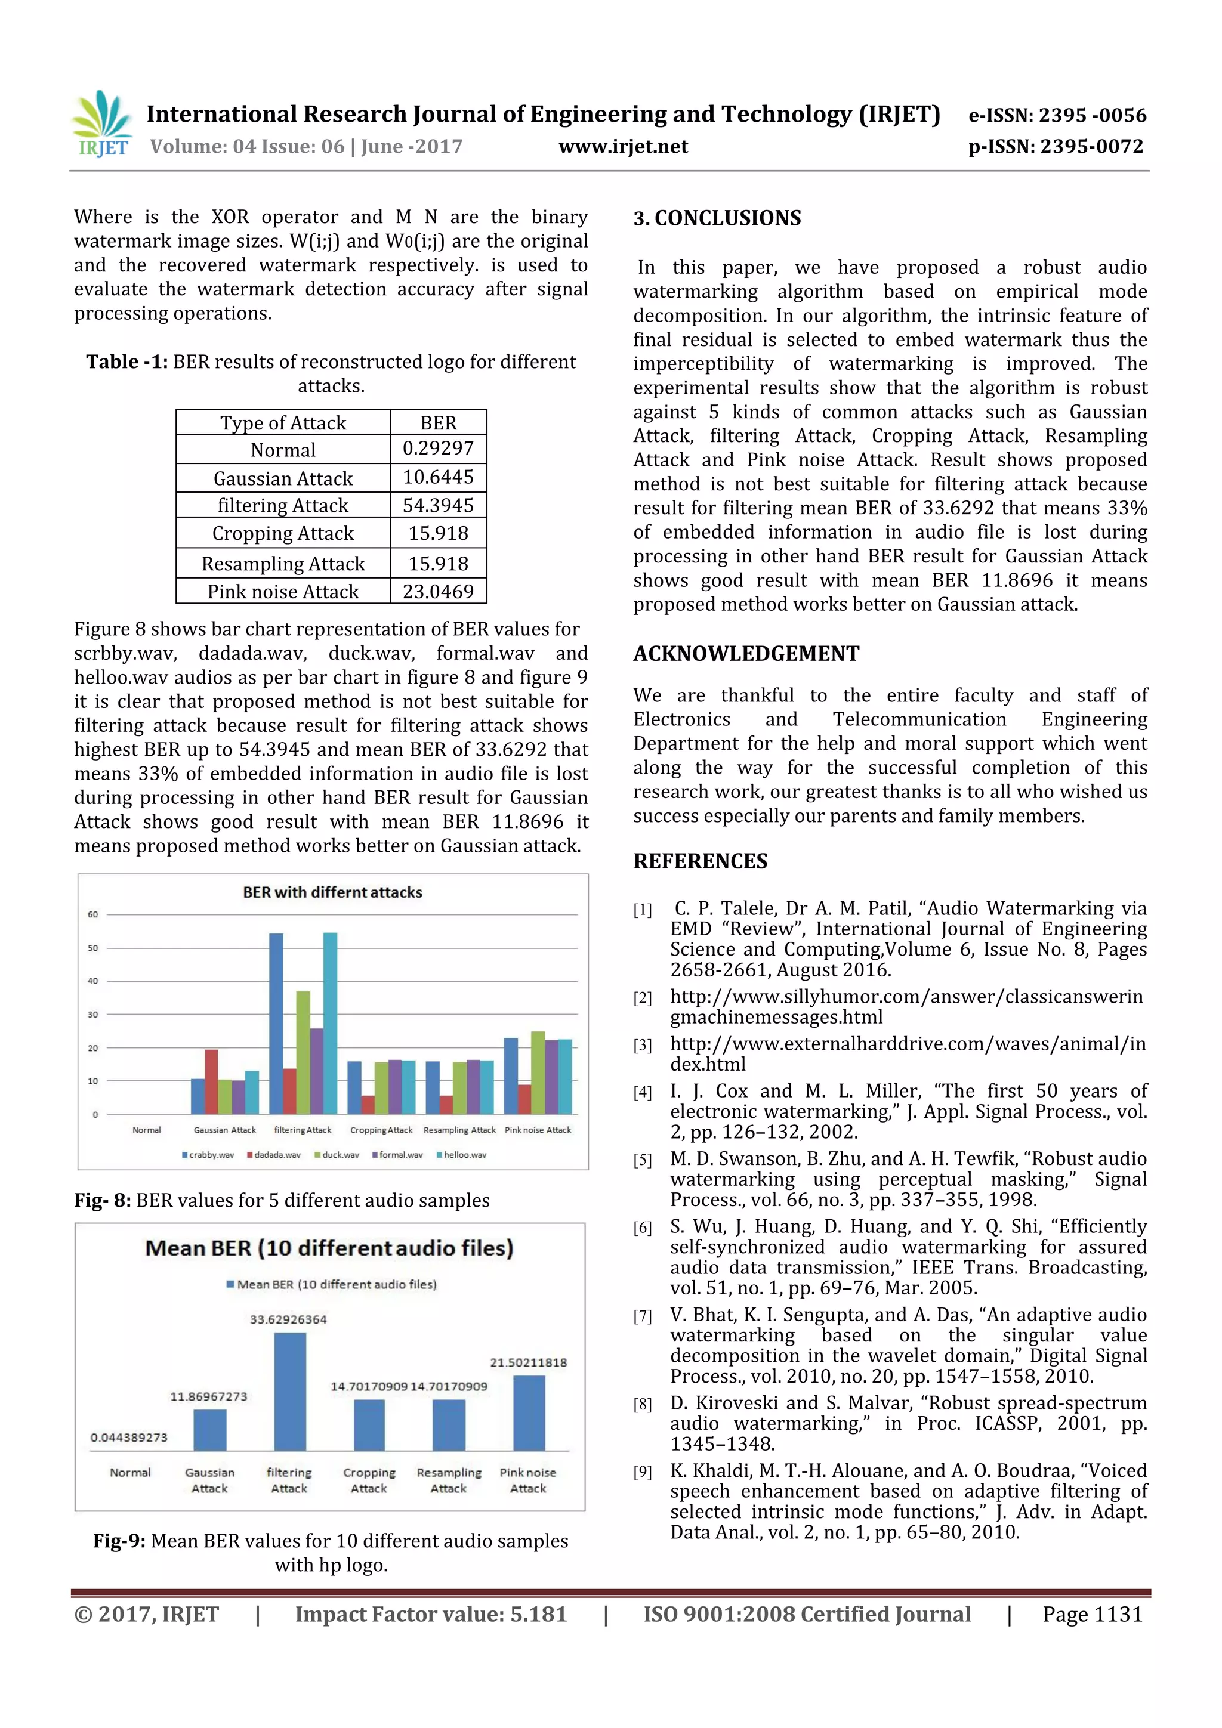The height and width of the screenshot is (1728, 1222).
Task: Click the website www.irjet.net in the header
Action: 623,146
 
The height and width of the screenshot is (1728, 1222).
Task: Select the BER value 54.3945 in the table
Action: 437,505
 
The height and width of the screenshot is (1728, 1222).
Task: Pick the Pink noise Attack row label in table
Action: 283,592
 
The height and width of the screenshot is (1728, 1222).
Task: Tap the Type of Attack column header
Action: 283,423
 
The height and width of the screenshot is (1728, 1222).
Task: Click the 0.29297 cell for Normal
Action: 437,449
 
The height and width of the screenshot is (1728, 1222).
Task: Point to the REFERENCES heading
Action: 701,861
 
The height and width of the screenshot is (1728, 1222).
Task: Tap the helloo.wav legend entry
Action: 462,1155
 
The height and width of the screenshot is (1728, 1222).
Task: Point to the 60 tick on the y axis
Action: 92,914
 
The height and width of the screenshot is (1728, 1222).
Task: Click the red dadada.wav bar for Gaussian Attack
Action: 212,1082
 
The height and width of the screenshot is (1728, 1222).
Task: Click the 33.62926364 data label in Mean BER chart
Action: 288,1319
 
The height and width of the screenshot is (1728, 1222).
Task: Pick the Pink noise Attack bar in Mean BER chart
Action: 529,1412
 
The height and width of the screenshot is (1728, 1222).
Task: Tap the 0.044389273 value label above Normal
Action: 129,1438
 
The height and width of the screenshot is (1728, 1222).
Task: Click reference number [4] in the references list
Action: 642,1093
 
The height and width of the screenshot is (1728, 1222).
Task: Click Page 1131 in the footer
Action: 1092,1614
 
